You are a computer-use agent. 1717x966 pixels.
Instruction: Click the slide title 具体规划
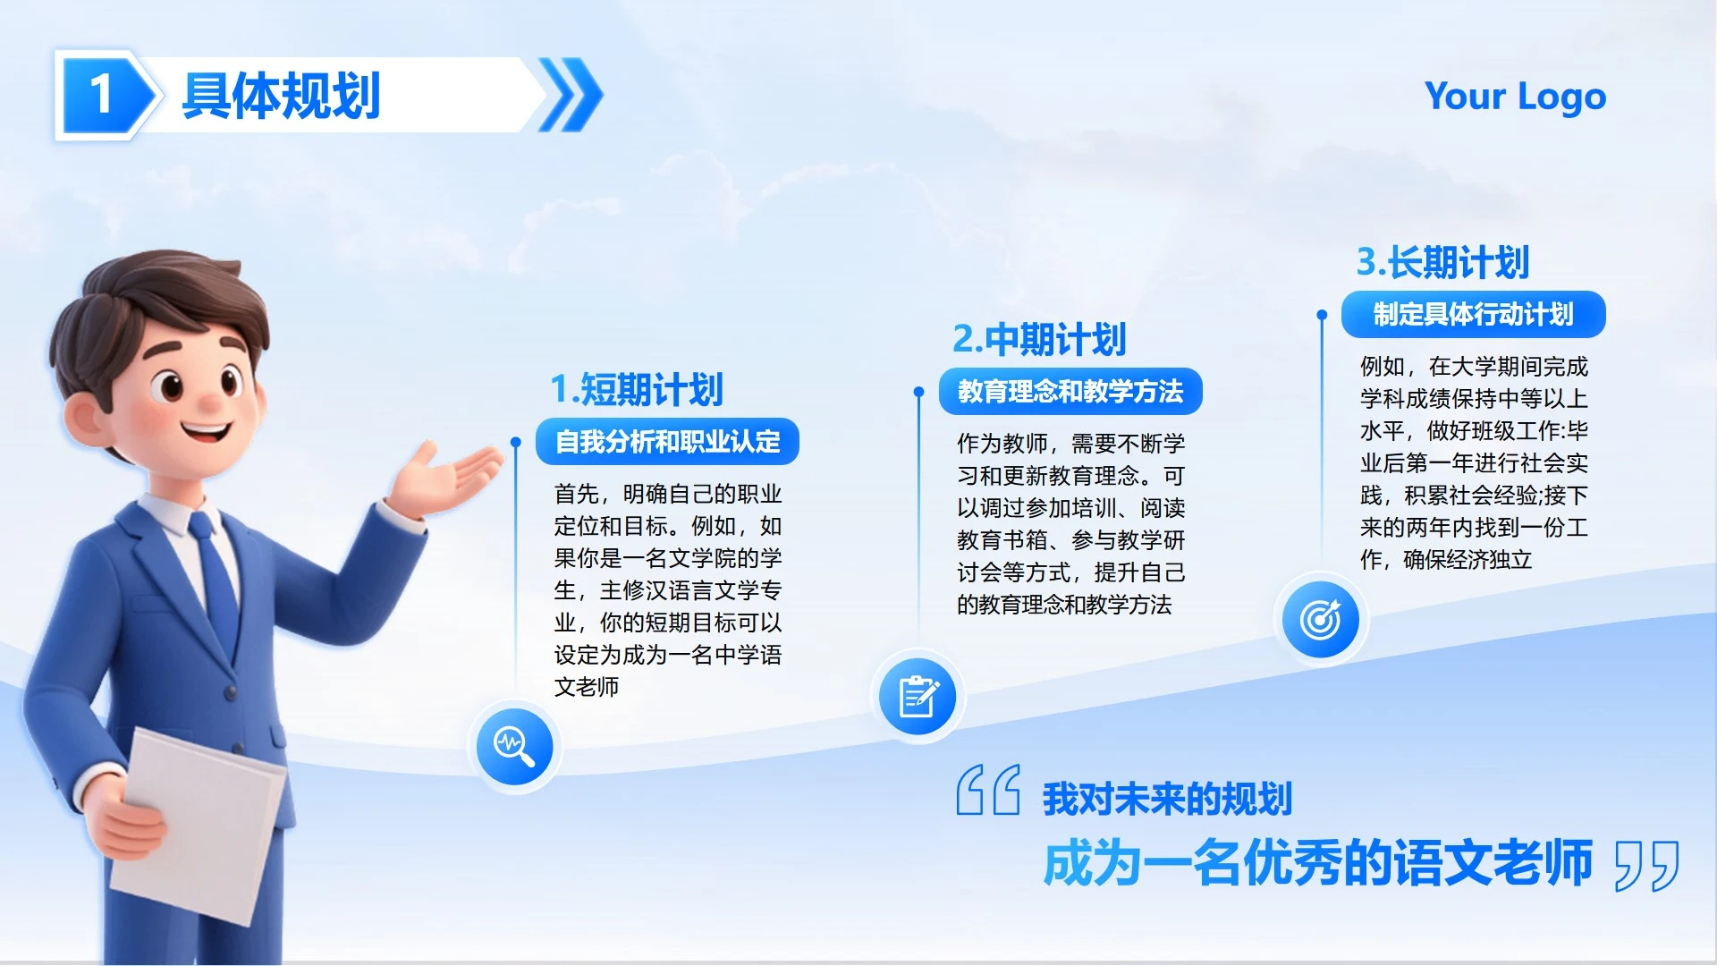pos(281,96)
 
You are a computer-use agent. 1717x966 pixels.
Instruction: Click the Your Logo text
pos(1515,97)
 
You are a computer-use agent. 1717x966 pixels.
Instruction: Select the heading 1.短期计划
pos(636,389)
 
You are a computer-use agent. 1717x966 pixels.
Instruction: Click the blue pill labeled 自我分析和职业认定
pos(667,442)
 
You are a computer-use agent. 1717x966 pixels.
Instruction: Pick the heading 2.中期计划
pos(1039,339)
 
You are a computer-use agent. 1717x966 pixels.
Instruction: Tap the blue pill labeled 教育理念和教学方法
pos(1070,392)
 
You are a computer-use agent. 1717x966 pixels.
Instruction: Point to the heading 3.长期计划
pos(1442,262)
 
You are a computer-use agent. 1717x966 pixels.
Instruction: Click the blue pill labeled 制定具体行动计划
pos(1473,315)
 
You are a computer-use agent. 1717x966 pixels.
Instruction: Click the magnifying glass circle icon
pos(514,746)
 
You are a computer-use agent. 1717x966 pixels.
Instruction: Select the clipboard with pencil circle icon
pos(918,697)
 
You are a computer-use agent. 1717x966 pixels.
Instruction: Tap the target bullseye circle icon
pos(1320,619)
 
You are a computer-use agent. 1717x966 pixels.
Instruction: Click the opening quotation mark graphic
pos(987,790)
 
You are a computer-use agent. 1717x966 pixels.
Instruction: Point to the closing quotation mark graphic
pos(1646,865)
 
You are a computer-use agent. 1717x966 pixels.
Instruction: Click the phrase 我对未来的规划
pos(1167,799)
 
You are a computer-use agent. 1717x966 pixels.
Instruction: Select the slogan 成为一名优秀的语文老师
pos(1318,863)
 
